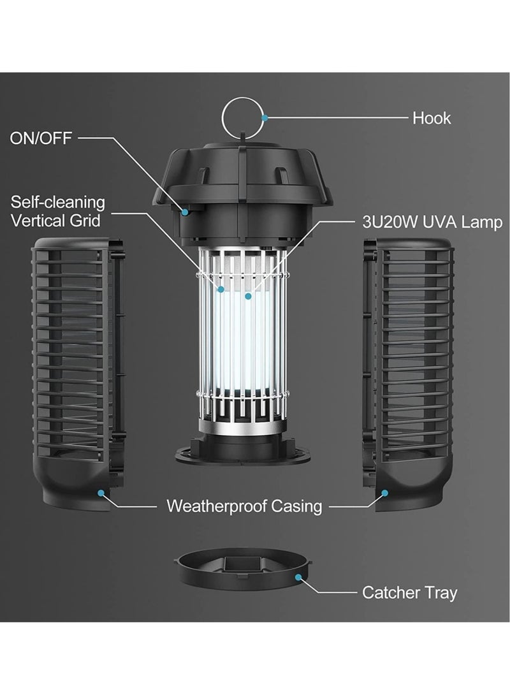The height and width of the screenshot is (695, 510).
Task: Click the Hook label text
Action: pos(431,119)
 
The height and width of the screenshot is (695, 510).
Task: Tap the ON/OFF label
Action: pos(41,138)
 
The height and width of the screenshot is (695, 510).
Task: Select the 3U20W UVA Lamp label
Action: pos(432,222)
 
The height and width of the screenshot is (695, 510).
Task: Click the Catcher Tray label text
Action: pos(409,592)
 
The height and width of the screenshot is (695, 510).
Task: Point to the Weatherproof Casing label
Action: pos(244,506)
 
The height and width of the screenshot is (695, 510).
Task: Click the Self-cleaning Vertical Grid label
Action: pos(57,212)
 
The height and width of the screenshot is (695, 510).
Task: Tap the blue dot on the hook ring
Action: pos(265,118)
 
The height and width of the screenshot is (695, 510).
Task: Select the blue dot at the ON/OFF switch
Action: pos(186,212)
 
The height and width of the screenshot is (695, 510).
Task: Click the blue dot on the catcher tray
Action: pos(298,577)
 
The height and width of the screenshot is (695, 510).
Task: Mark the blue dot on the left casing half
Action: pos(101,492)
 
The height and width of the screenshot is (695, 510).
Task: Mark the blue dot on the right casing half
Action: pos(384,492)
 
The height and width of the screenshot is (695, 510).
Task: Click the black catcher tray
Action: pos(243,569)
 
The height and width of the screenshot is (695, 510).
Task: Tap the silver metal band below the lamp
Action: pos(242,428)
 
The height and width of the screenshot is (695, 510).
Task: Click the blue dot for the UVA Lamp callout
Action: pos(248,296)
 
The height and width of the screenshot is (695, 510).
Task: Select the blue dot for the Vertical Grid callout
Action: pos(220,289)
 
